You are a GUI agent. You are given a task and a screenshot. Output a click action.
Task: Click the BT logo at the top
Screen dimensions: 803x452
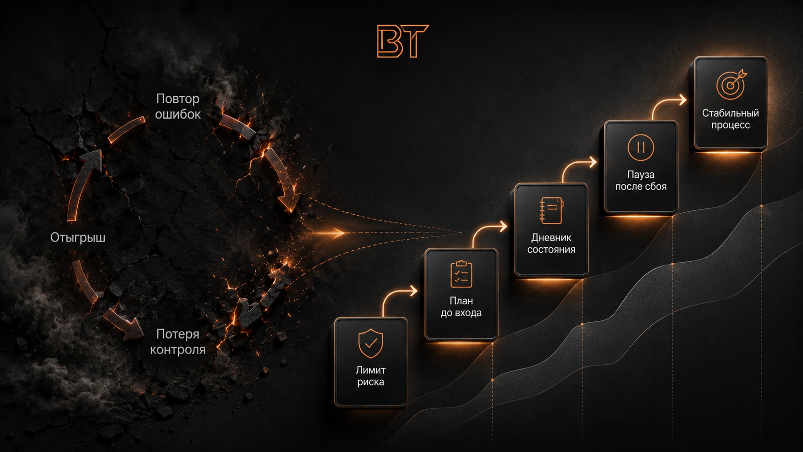point(403,41)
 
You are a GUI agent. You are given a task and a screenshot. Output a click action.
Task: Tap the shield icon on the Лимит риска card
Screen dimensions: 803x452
point(371,343)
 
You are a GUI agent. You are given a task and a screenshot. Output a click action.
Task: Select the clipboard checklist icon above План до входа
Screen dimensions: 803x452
point(462,274)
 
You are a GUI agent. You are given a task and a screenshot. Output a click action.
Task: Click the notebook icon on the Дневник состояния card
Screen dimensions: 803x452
point(551,211)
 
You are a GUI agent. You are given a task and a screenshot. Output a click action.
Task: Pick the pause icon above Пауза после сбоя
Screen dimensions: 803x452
point(641,147)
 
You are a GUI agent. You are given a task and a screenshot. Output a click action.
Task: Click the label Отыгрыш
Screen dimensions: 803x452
point(78,238)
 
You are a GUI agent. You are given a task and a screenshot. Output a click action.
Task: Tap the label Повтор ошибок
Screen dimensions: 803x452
point(178,107)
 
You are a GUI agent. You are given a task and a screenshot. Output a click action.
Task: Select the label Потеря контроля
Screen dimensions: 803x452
point(178,342)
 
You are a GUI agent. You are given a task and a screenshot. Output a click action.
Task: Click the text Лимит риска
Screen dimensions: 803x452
point(371,376)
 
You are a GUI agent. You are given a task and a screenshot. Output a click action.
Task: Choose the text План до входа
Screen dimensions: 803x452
point(461,307)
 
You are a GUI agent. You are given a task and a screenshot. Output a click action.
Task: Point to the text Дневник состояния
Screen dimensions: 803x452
point(551,244)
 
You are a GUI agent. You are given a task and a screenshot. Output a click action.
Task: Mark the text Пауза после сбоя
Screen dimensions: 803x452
point(641,180)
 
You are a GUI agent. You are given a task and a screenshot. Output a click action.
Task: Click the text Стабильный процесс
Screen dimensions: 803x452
point(730,119)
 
